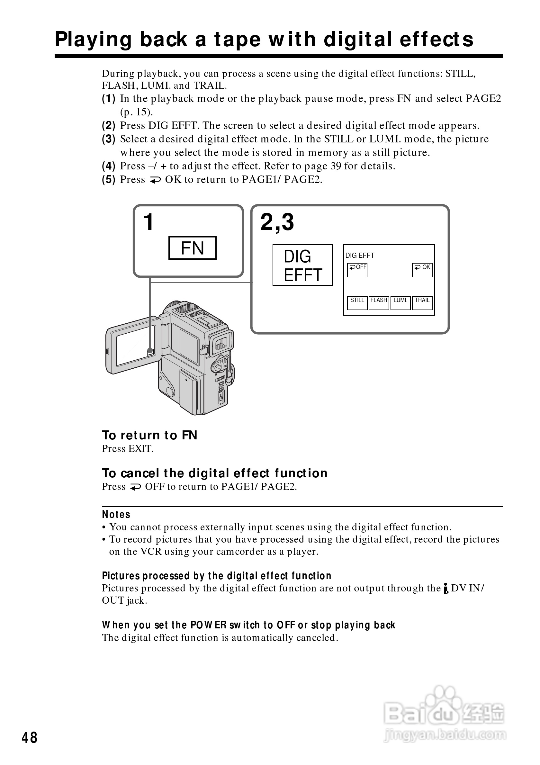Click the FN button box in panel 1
coord(192,248)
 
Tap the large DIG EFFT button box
coord(302,265)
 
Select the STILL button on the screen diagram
coord(357,302)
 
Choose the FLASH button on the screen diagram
coord(379,302)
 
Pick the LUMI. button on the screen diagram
coord(401,302)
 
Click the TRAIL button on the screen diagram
coord(422,302)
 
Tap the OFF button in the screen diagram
coord(357,270)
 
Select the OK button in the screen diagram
coord(422,270)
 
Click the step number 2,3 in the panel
coord(277,222)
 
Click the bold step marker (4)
coord(109,166)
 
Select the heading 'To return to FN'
coord(149,435)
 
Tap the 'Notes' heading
coord(116,514)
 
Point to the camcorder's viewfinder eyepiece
coord(221,343)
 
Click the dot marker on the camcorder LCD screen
coord(150,350)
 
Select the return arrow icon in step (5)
coord(155,180)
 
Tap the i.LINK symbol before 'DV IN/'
coord(446,589)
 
